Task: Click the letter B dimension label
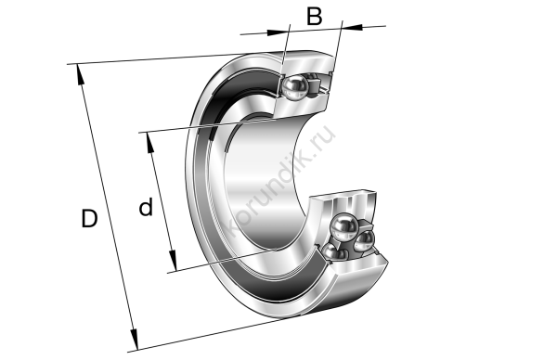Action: (x=315, y=17)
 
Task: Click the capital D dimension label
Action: (x=89, y=218)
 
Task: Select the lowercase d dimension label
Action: (x=146, y=207)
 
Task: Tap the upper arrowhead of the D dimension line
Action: (x=80, y=75)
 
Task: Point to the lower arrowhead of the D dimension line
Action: (x=134, y=340)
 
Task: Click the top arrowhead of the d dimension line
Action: (x=150, y=143)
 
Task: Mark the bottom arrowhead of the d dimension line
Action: (x=173, y=260)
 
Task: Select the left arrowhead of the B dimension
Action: (x=278, y=32)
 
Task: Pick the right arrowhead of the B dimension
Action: (x=353, y=27)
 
